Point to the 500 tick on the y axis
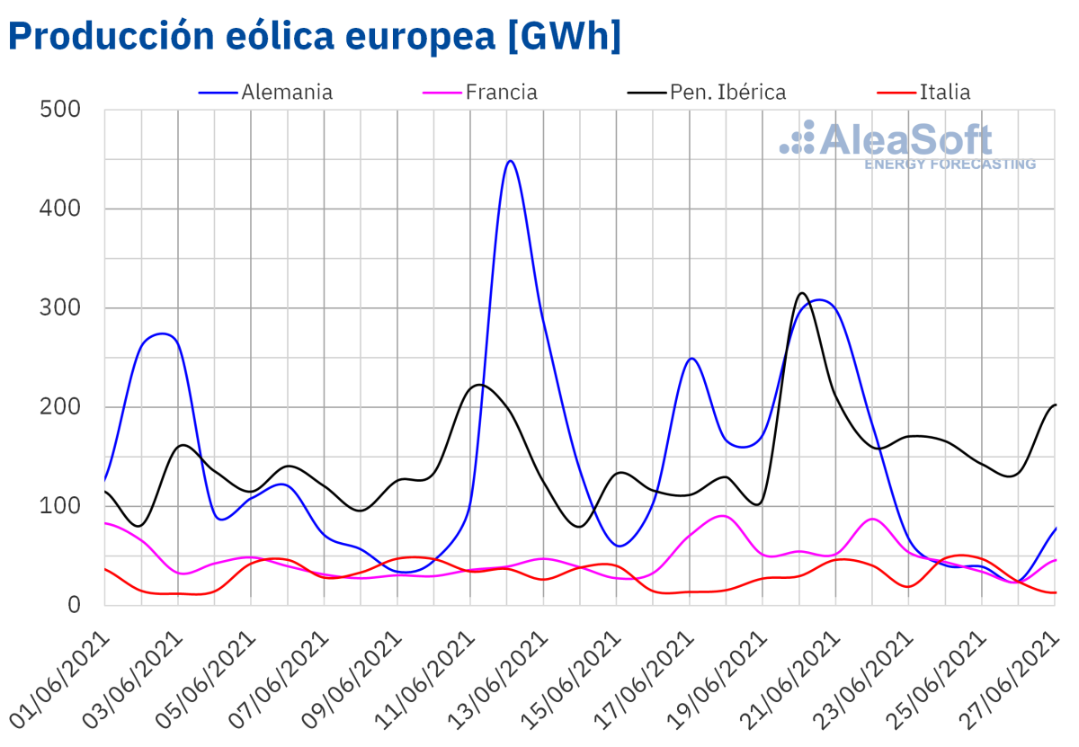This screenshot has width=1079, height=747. click(61, 110)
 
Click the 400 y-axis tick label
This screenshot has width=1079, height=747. click(61, 209)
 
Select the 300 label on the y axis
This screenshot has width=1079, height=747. click(61, 308)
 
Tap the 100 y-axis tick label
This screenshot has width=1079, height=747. click(61, 506)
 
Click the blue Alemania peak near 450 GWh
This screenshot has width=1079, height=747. click(510, 161)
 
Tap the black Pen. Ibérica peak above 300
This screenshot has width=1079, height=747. click(802, 293)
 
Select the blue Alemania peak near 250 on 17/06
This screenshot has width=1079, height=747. click(691, 359)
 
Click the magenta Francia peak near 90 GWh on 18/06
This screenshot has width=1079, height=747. click(722, 516)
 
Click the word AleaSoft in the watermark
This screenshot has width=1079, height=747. click(905, 140)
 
